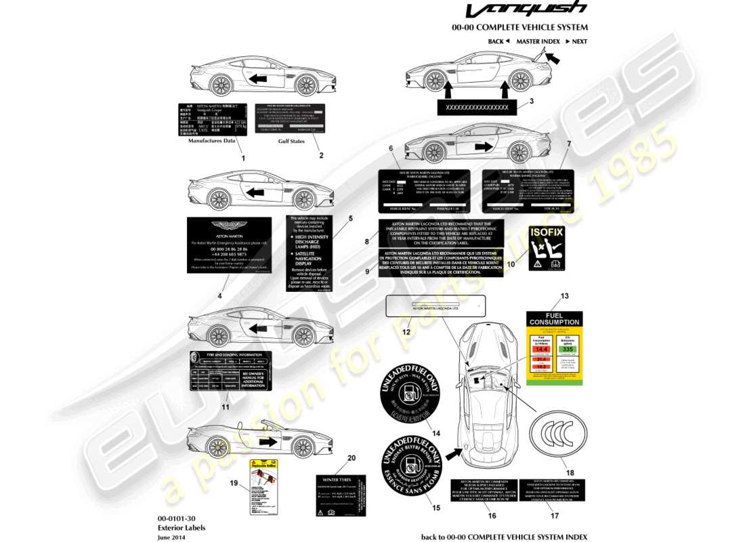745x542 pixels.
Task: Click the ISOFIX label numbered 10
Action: point(547,249)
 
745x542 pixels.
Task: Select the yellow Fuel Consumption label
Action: point(553,348)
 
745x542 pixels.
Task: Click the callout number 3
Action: point(532,101)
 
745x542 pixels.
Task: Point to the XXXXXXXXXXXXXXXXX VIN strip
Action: point(478,108)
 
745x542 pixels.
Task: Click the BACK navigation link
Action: point(498,41)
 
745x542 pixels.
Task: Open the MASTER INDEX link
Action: point(538,41)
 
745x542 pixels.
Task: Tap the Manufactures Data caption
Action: point(211,141)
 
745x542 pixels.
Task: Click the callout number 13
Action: point(564,296)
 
